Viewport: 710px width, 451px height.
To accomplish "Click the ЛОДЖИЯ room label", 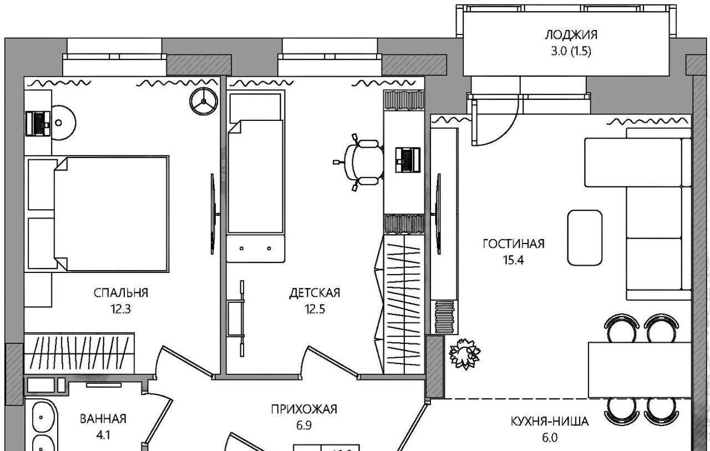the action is (571, 35).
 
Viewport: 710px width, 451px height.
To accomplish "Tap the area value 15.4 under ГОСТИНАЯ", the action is (513, 260).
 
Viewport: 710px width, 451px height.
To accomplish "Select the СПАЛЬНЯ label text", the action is (121, 293).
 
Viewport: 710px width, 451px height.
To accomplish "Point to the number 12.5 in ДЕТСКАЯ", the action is (315, 309).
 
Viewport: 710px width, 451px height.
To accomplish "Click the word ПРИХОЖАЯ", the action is (304, 409).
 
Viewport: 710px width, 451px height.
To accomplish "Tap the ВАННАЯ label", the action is (103, 419).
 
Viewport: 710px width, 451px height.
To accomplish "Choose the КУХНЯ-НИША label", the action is (550, 422).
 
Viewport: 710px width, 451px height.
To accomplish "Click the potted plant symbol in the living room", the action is (465, 353).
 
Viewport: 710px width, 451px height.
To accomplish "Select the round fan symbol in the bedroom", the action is (204, 101).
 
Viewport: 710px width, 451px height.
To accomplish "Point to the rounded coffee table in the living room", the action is (585, 237).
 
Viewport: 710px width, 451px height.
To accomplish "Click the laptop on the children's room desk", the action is (408, 160).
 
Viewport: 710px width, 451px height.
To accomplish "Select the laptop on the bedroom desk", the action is (38, 124).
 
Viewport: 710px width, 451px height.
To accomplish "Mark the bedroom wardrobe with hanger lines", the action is (79, 353).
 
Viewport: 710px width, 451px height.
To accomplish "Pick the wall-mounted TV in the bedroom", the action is (214, 214).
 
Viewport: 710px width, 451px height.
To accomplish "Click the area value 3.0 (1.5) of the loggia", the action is (571, 52).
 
